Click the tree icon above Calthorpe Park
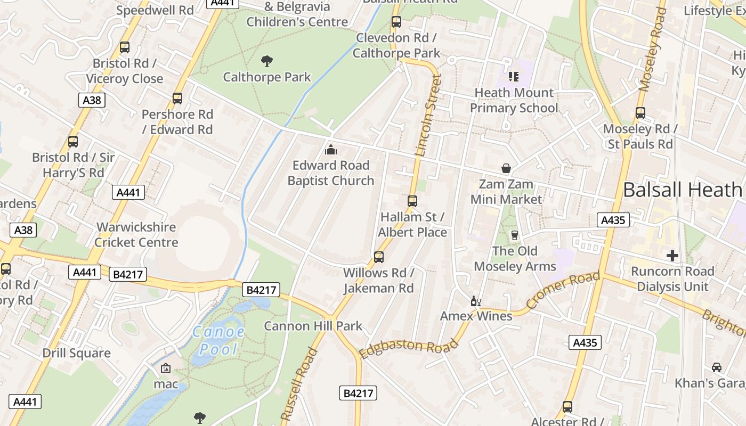pyautogui.click(x=267, y=61)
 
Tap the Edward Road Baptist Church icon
pyautogui.click(x=331, y=150)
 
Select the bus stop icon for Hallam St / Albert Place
pyautogui.click(x=412, y=201)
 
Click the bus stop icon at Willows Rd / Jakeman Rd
pyautogui.click(x=378, y=257)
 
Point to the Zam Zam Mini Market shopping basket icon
pyautogui.click(x=506, y=169)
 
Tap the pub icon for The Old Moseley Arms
pyautogui.click(x=514, y=235)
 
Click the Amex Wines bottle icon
pyautogui.click(x=475, y=301)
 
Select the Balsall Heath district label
pyautogui.click(x=682, y=190)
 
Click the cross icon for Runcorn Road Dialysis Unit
pyautogui.click(x=672, y=256)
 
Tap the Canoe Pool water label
pyautogui.click(x=218, y=341)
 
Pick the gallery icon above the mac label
pyautogui.click(x=166, y=368)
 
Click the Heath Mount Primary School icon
pyautogui.click(x=514, y=77)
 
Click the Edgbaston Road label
pyautogui.click(x=409, y=348)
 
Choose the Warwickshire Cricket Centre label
pyautogui.click(x=136, y=235)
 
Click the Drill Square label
pyautogui.click(x=77, y=353)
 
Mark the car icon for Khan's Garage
pyautogui.click(x=717, y=367)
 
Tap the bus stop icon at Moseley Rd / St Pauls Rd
pyautogui.click(x=640, y=113)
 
